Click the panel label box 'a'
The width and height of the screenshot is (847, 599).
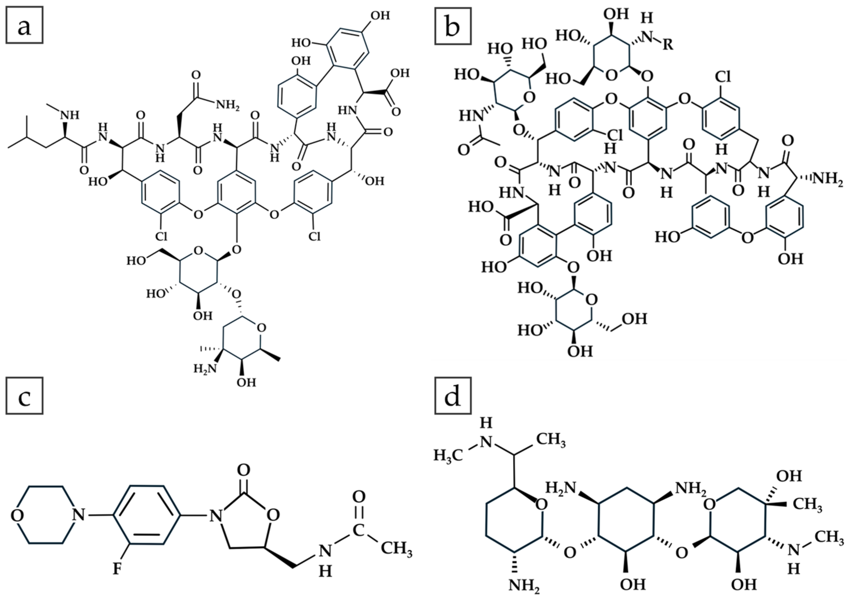tap(24, 25)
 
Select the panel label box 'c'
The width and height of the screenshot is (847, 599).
tap(24, 396)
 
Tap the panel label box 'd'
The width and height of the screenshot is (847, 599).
tap(453, 396)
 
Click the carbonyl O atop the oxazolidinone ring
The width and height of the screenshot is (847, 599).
tap(243, 470)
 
